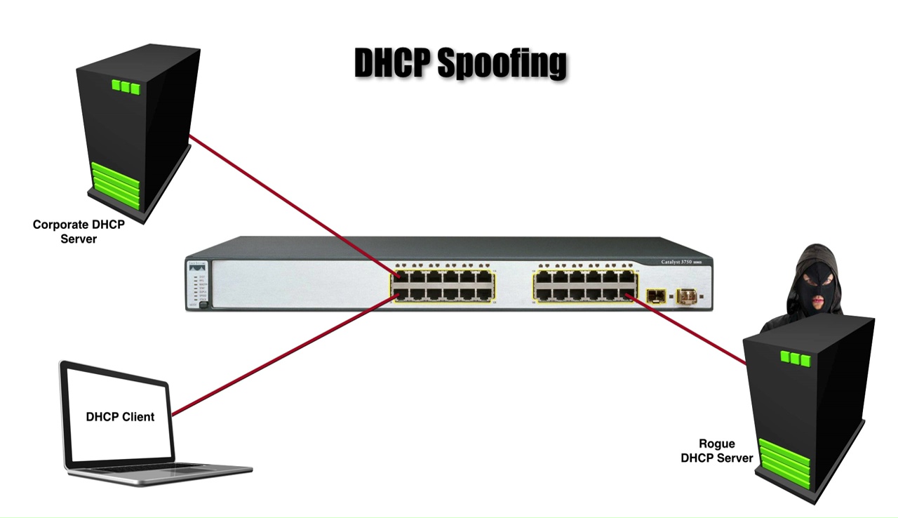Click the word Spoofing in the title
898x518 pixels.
click(502, 64)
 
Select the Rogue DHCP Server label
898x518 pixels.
click(716, 451)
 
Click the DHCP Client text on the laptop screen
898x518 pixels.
click(120, 416)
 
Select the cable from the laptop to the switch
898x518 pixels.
click(281, 354)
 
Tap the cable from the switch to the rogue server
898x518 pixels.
click(688, 330)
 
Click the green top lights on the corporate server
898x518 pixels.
click(126, 87)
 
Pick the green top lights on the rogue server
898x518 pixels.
click(795, 359)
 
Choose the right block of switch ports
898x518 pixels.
click(584, 285)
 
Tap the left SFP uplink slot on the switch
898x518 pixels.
click(656, 296)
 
